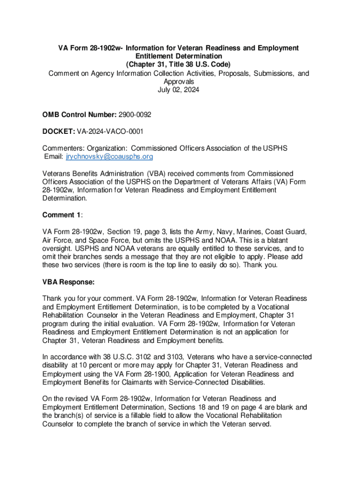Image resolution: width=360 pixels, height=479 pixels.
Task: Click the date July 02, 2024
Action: pyautogui.click(x=179, y=90)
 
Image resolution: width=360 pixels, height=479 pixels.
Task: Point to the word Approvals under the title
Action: pyautogui.click(x=179, y=81)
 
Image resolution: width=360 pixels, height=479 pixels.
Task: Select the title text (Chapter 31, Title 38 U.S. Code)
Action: pyautogui.click(x=179, y=65)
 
